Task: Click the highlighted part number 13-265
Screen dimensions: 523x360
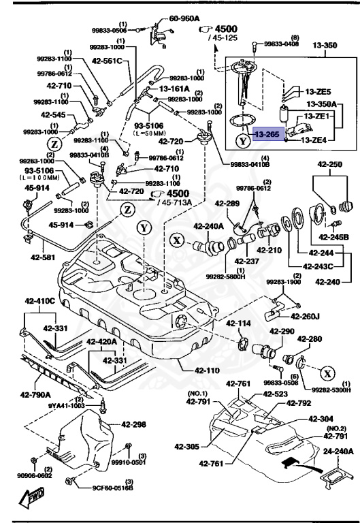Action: [x=266, y=136]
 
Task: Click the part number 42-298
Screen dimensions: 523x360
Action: [x=134, y=424]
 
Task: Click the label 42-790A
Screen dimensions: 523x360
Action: [x=32, y=394]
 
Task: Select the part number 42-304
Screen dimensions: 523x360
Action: [x=321, y=419]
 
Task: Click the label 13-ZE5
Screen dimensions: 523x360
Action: [x=317, y=91]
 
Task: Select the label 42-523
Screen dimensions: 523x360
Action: [x=275, y=394]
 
